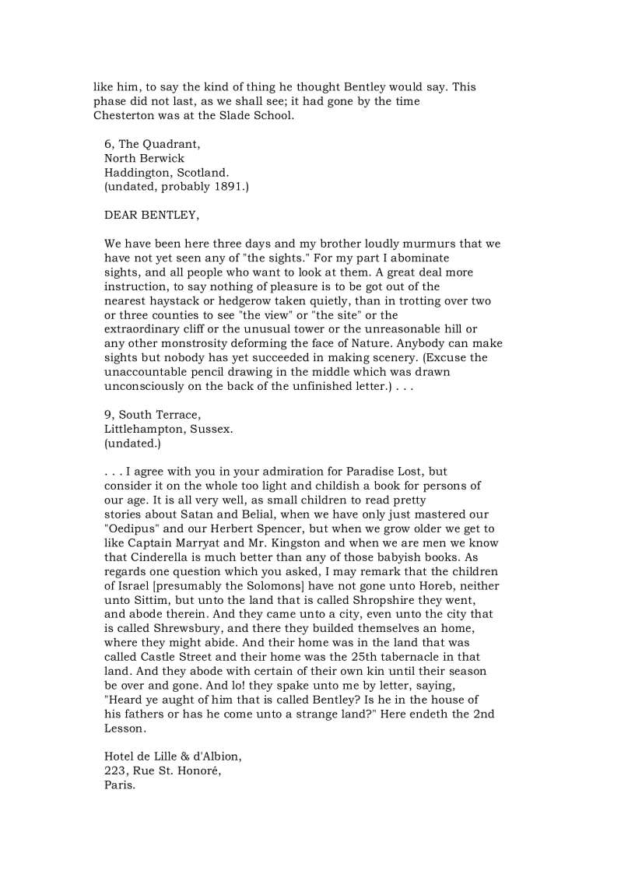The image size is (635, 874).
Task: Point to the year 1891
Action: coord(227,187)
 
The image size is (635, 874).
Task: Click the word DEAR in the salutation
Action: coord(120,216)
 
